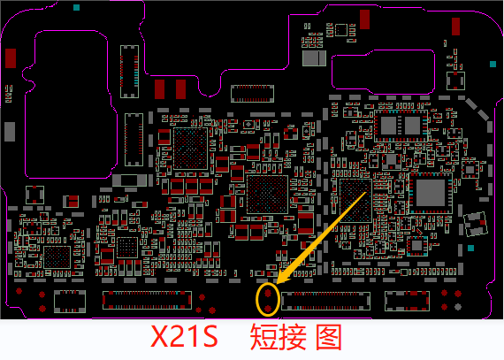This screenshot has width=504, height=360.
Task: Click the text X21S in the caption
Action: pyautogui.click(x=184, y=336)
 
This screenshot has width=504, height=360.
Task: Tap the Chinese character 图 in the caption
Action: pyautogui.click(x=329, y=337)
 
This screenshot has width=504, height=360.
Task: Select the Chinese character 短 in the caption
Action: pyautogui.click(x=263, y=337)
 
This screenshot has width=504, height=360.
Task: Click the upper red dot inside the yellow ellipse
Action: pyautogui.click(x=268, y=293)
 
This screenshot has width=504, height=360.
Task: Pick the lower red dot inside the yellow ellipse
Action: pyautogui.click(x=268, y=308)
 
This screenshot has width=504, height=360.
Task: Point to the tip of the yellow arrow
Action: pyautogui.click(x=277, y=284)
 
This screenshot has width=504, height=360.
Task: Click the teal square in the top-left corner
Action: pyautogui.click(x=76, y=7)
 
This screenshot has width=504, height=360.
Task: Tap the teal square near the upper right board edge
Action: pyautogui.click(x=493, y=64)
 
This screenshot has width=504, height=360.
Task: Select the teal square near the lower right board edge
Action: pyautogui.click(x=470, y=248)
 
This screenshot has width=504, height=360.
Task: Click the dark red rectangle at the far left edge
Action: pyautogui.click(x=11, y=58)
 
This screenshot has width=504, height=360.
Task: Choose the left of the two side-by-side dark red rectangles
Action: pyautogui.click(x=159, y=89)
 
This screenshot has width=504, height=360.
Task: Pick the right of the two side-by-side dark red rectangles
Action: pyautogui.click(x=180, y=89)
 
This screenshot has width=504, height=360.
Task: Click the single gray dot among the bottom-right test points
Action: pyautogui.click(x=458, y=307)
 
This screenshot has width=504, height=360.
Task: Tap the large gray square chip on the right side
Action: pyautogui.click(x=431, y=193)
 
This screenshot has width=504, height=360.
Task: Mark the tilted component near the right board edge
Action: pyautogui.click(x=476, y=224)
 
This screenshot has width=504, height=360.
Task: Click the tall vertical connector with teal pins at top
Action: pyautogui.click(x=129, y=72)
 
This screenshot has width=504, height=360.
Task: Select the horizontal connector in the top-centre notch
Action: pyautogui.click(x=252, y=94)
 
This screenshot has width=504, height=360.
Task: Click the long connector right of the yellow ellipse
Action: pyautogui.click(x=325, y=301)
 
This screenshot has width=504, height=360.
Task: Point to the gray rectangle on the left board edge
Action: pyautogui.click(x=10, y=132)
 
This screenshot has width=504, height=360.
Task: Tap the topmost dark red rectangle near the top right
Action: pyautogui.click(x=364, y=19)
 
